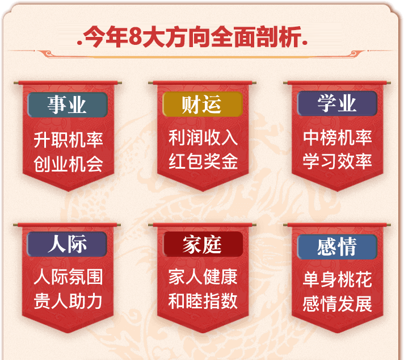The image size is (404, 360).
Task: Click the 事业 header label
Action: (67, 104)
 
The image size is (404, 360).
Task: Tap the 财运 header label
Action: (202, 104)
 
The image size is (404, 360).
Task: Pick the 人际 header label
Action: (67, 244)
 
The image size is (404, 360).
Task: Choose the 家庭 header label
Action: (202, 244)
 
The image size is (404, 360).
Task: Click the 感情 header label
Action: (337, 246)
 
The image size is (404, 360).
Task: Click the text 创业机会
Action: (68, 164)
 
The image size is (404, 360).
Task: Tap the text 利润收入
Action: (203, 138)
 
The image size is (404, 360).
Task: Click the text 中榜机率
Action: (338, 138)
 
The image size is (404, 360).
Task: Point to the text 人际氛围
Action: (68, 278)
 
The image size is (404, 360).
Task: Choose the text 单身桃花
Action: (338, 280)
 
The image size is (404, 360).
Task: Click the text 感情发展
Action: (338, 304)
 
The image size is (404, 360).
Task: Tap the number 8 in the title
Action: (134, 39)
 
